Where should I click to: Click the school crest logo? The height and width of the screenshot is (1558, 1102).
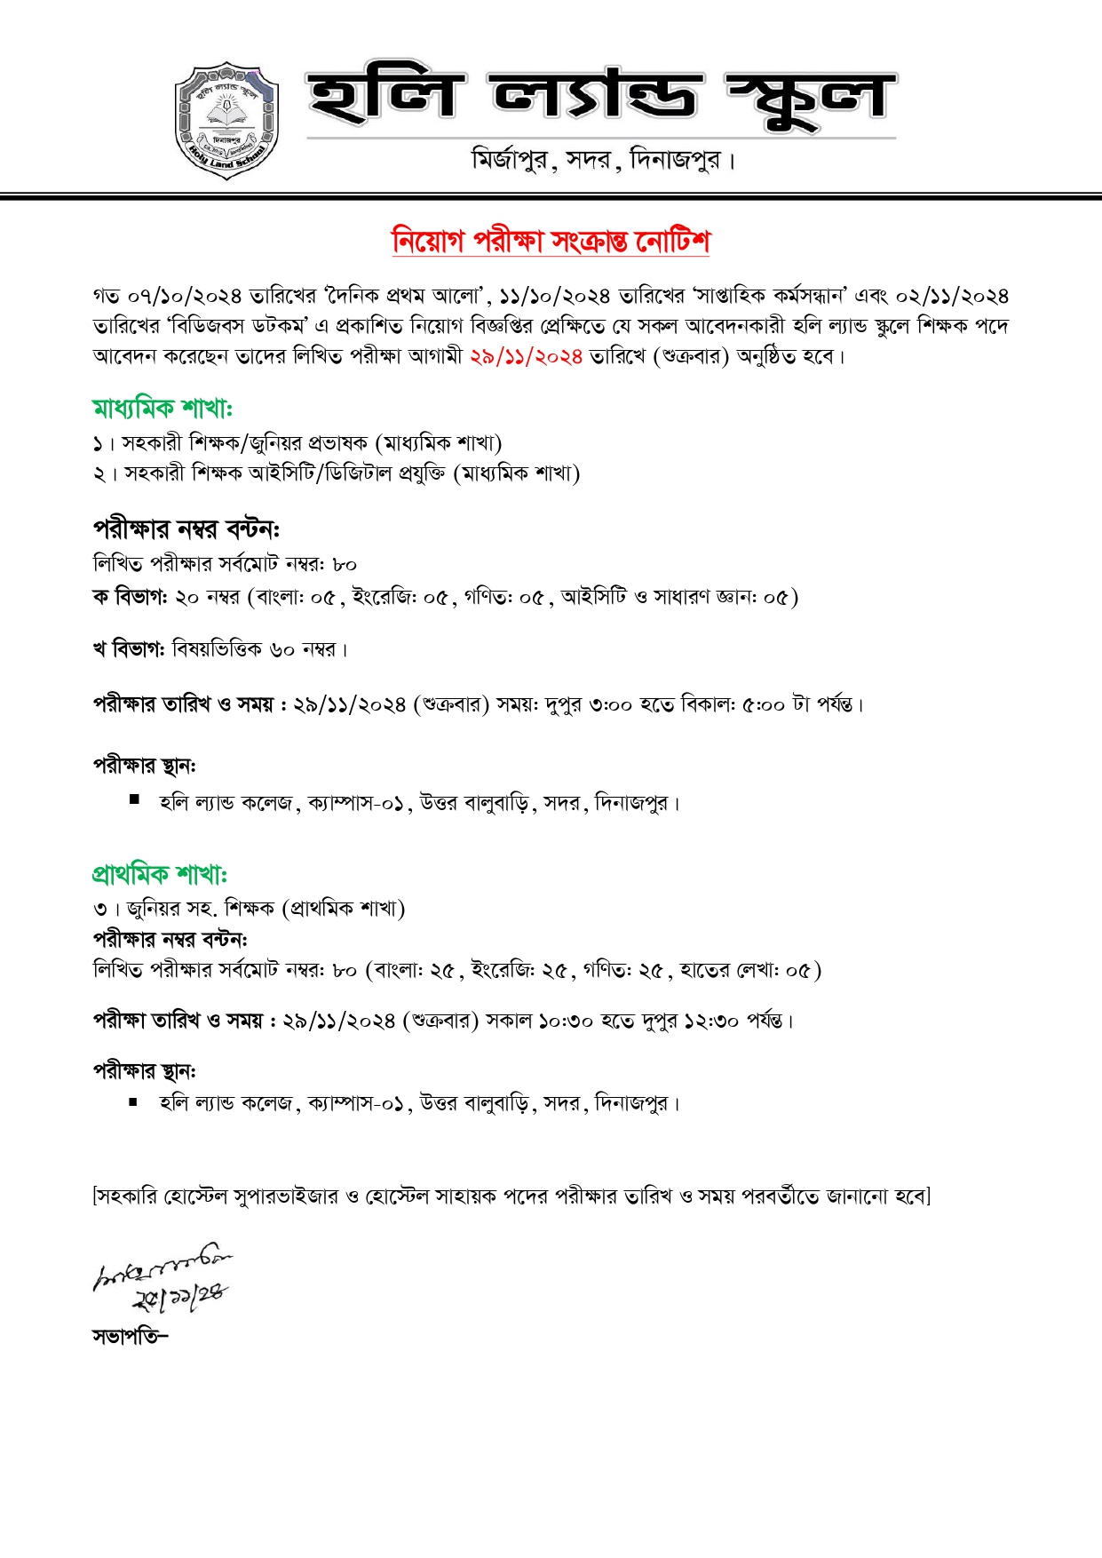click(227, 121)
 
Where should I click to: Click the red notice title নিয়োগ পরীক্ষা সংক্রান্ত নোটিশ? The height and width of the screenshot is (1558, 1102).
click(551, 242)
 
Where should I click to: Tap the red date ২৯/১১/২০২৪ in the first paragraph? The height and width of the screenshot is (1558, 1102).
click(526, 356)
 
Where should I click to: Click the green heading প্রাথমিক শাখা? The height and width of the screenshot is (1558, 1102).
click(160, 874)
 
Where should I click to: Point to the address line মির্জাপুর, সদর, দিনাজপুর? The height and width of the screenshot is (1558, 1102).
click(603, 161)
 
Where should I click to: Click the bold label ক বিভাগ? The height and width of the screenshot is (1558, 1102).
click(130, 597)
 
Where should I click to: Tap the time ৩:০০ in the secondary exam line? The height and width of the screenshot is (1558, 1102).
click(611, 704)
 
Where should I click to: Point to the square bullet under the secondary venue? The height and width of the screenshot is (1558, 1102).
click(134, 799)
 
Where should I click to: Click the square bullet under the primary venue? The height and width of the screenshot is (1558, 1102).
click(133, 1102)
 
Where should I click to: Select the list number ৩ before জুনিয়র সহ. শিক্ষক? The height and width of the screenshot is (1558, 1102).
click(99, 909)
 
